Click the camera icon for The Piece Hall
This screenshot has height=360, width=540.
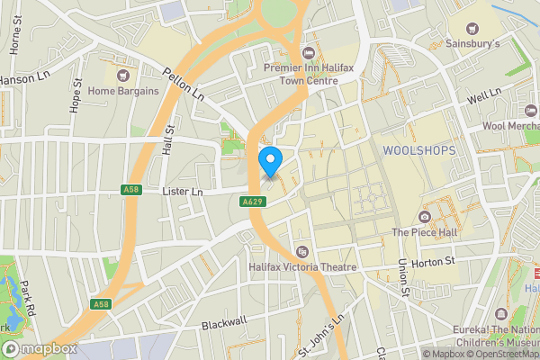point(425,216)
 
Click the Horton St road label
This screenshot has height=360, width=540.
point(434,262)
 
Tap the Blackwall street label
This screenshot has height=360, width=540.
point(224,322)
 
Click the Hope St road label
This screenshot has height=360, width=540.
point(77,96)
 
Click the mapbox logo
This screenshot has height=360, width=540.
point(40,348)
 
